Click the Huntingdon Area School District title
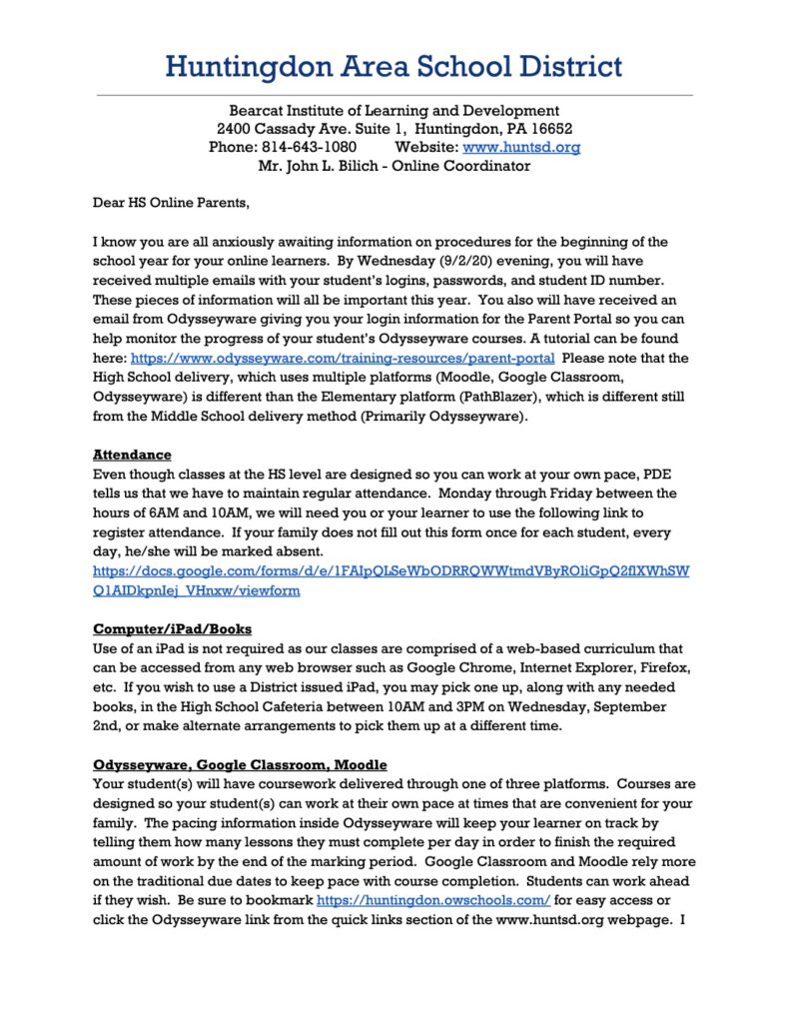click(394, 67)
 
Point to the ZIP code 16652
click(551, 129)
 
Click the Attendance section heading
click(132, 455)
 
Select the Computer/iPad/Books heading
click(172, 629)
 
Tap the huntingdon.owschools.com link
click(432, 900)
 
